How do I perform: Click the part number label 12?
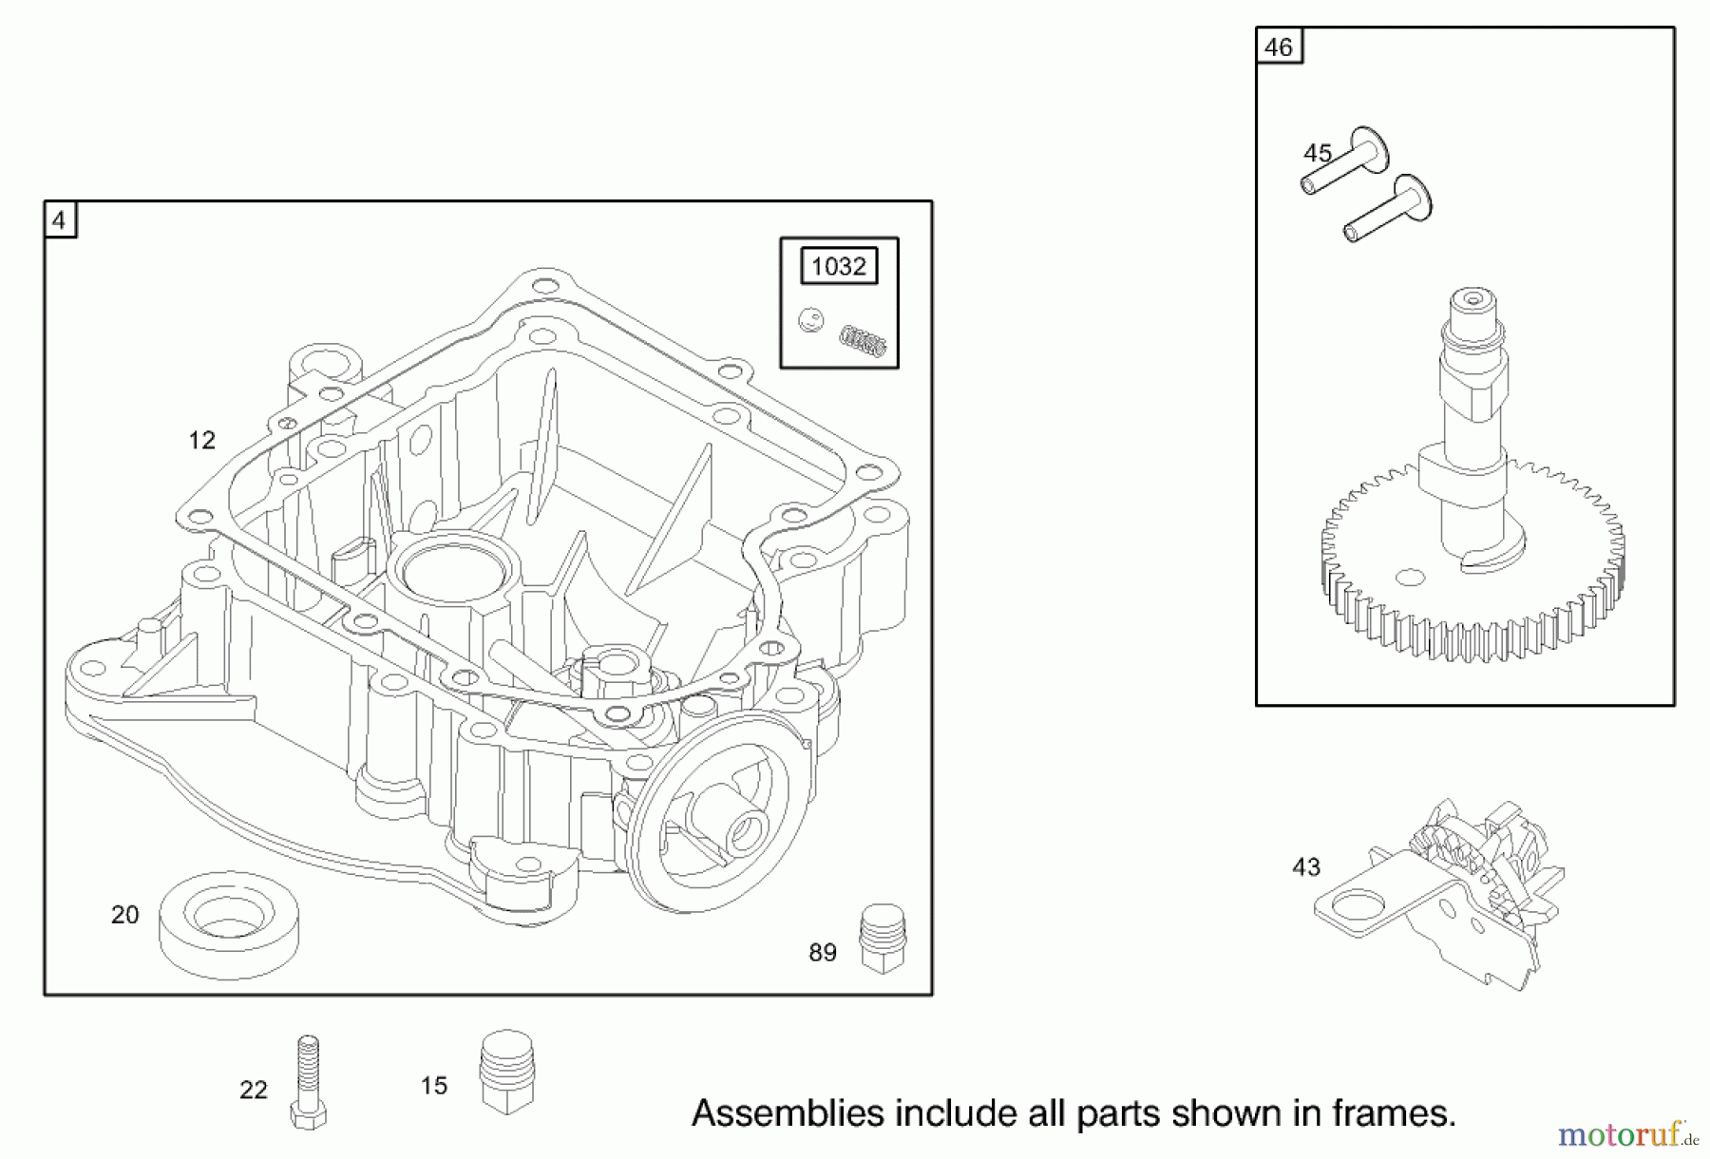(201, 440)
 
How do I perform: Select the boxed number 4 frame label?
(60, 220)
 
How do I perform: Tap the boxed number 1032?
(839, 266)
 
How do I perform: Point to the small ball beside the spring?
(810, 320)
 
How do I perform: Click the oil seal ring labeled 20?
(228, 923)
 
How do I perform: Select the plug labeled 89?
(883, 938)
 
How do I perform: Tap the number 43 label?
(1306, 866)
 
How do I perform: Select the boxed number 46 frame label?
(1279, 47)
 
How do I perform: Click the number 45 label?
(1317, 153)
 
